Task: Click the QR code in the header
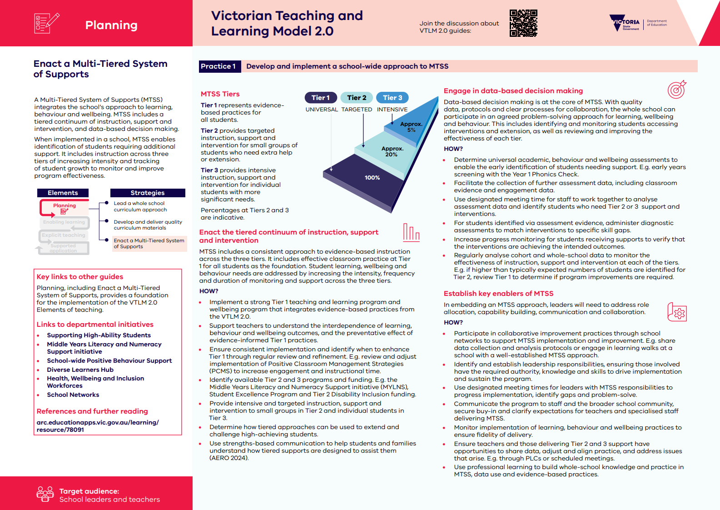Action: [x=523, y=23]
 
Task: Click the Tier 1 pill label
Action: [x=320, y=98]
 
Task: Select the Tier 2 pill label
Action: [x=357, y=98]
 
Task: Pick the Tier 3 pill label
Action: [x=392, y=98]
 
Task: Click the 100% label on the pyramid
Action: [x=372, y=178]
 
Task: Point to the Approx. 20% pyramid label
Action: [x=392, y=152]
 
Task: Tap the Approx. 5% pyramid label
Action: [x=411, y=127]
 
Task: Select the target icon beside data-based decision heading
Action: [x=676, y=90]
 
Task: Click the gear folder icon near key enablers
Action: [x=677, y=312]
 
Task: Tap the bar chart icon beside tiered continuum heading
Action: [x=411, y=232]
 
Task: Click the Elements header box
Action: [x=63, y=193]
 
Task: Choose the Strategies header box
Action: [x=148, y=193]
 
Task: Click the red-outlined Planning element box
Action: [x=65, y=208]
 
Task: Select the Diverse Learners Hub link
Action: [x=80, y=370]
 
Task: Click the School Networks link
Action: [x=73, y=395]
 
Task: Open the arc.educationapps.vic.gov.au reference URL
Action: [x=97, y=426]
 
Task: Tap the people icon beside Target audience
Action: [x=45, y=494]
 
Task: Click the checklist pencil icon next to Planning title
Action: [x=46, y=23]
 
